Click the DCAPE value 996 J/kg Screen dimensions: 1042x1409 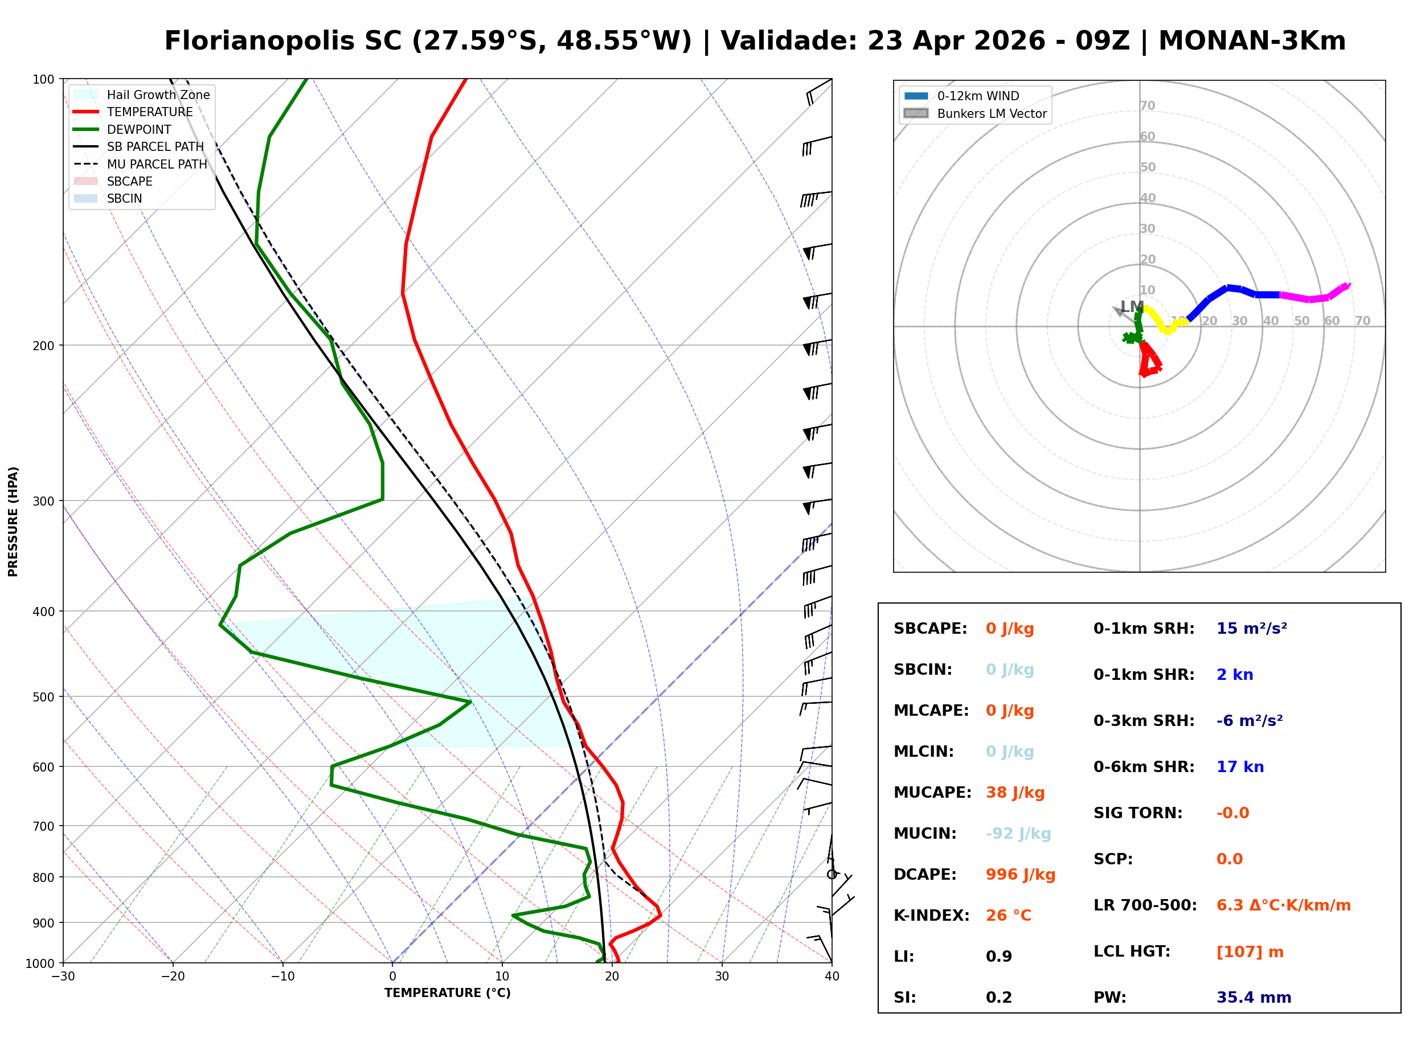click(1020, 874)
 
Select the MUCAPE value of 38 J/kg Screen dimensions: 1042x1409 click(1015, 792)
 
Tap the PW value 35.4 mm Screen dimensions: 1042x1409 click(1253, 997)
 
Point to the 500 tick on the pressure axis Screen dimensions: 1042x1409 click(43, 697)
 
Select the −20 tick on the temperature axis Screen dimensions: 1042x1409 click(173, 977)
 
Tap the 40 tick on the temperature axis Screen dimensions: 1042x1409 click(832, 977)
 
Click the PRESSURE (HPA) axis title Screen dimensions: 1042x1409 click(13, 521)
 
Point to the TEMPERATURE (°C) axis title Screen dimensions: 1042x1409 click(447, 993)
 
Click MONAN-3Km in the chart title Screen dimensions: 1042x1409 click(1252, 41)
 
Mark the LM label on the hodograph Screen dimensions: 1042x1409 click(1131, 307)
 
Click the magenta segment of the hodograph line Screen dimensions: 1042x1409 click(1312, 297)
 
